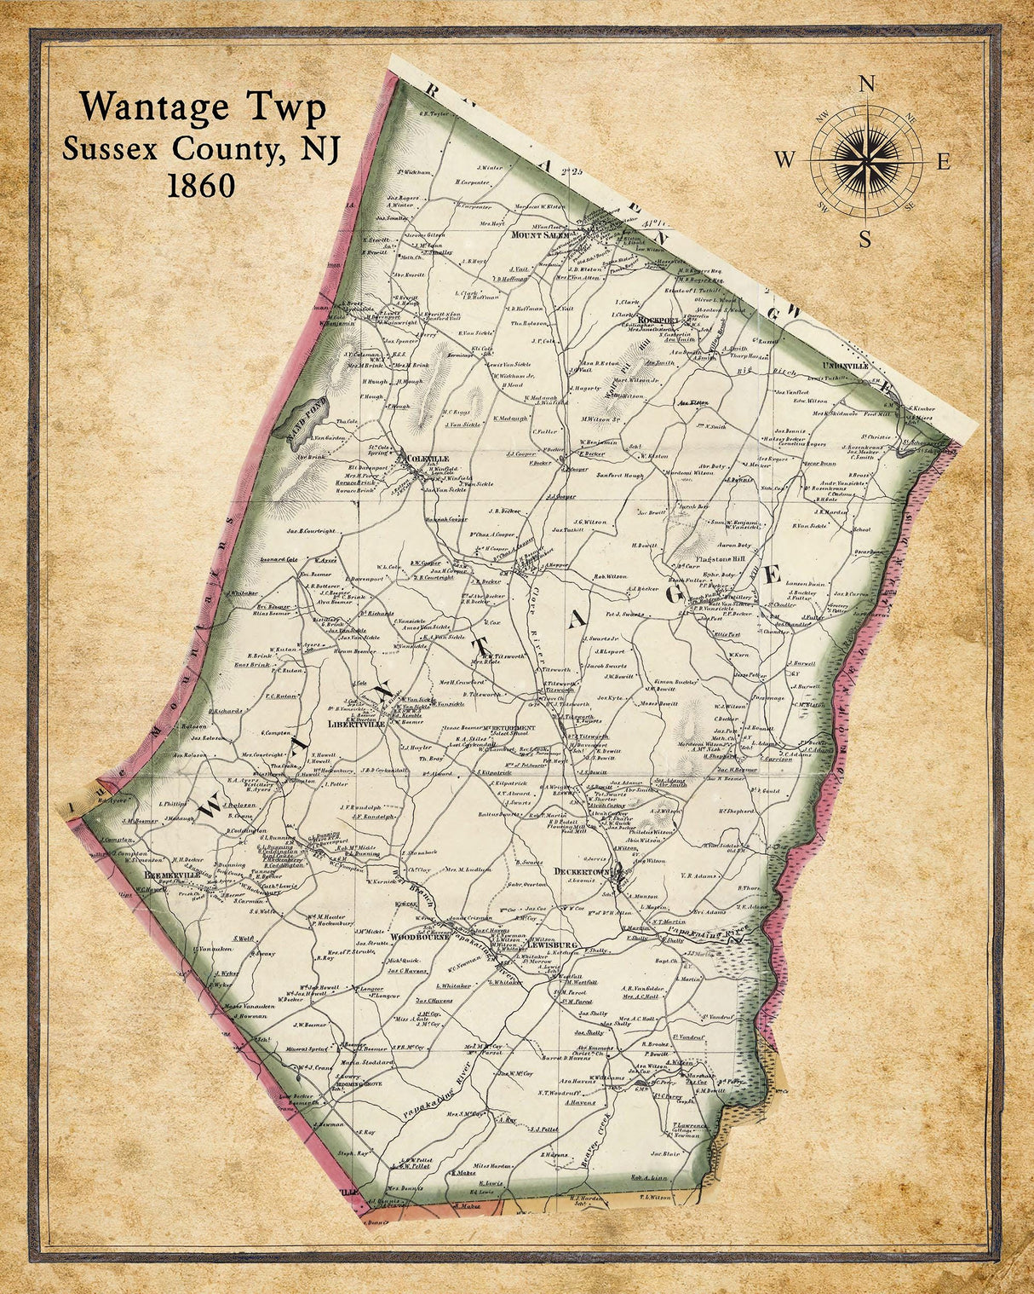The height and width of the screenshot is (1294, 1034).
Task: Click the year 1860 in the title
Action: pyautogui.click(x=201, y=186)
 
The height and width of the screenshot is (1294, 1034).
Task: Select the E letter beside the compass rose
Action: pyautogui.click(x=943, y=161)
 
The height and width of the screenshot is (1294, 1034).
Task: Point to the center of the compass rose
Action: pyautogui.click(x=866, y=159)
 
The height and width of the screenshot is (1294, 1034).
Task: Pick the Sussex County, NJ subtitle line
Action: pyautogui.click(x=200, y=147)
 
